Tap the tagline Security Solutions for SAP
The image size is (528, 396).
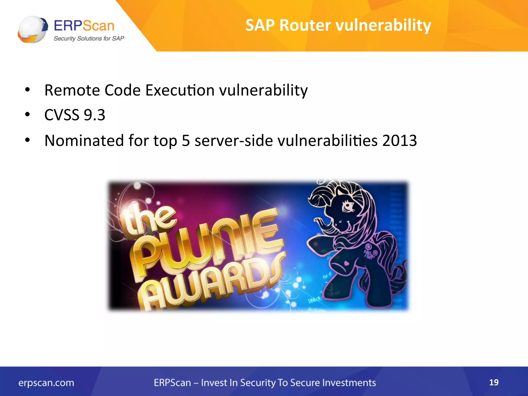pos(89,38)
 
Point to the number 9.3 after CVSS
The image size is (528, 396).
pos(95,115)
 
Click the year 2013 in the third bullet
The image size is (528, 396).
pos(399,141)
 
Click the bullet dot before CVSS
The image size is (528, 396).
pos(27,114)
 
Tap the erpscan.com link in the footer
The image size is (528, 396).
pos(46,383)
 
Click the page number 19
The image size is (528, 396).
pos(494,382)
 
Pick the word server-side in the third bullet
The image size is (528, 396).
pos(234,141)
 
